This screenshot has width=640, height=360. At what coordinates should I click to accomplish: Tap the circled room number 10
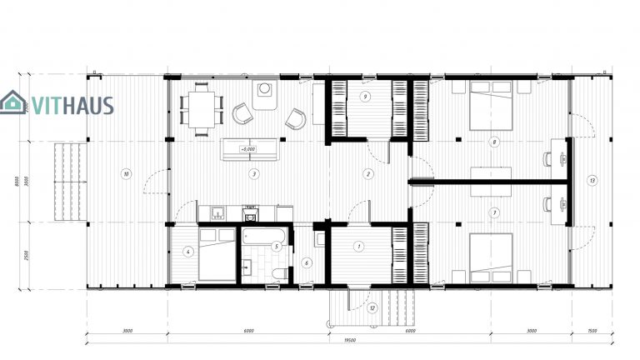tap(126, 174)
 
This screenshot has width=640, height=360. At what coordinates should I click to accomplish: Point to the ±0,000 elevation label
tap(247, 149)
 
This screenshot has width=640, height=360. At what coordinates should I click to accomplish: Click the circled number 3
tap(252, 173)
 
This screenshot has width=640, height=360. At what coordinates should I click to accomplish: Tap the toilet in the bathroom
tap(282, 272)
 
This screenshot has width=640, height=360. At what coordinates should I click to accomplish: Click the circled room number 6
tap(307, 263)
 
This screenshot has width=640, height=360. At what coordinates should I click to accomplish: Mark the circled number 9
tap(366, 97)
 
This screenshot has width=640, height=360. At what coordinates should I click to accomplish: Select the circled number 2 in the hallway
tap(367, 173)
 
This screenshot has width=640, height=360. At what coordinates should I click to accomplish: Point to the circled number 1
tap(359, 246)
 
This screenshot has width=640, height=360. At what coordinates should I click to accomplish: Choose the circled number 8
tap(495, 142)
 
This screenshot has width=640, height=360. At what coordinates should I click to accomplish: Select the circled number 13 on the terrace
tap(592, 181)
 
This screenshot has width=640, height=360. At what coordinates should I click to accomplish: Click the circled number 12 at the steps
tap(372, 308)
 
